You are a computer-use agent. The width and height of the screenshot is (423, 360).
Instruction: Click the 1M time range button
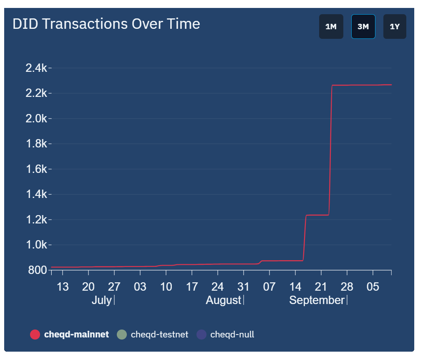tap(331, 27)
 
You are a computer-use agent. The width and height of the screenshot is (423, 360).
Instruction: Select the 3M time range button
tap(363, 27)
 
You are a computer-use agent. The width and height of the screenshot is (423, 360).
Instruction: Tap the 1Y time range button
tap(395, 27)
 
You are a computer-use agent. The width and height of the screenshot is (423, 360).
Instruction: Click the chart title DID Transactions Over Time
tap(106, 24)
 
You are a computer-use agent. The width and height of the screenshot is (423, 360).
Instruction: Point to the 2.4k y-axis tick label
tap(36, 68)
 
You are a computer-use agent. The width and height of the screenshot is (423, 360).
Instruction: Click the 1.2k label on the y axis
tap(36, 220)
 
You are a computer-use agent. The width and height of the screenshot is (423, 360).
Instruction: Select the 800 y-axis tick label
tap(38, 270)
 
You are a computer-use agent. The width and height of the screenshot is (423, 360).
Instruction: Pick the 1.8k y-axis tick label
tap(36, 144)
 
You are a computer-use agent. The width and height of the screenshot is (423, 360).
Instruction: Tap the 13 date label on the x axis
tap(63, 287)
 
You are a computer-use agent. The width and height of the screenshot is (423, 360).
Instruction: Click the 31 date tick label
tap(243, 287)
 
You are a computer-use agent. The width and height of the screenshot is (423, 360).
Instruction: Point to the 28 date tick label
tap(347, 287)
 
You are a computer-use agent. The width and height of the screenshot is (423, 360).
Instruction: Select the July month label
tap(101, 300)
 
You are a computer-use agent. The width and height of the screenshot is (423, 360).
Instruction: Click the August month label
tap(223, 300)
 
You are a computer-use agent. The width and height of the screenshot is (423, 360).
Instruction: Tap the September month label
tap(317, 300)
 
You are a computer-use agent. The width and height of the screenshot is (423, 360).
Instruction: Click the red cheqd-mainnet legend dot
tap(35, 335)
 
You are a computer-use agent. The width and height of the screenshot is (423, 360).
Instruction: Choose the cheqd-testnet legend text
tap(159, 335)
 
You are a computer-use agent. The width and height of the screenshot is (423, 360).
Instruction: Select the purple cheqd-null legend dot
tap(201, 335)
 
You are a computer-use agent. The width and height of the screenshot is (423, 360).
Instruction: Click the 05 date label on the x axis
tap(373, 287)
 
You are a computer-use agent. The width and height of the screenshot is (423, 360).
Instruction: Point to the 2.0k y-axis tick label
tap(36, 119)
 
